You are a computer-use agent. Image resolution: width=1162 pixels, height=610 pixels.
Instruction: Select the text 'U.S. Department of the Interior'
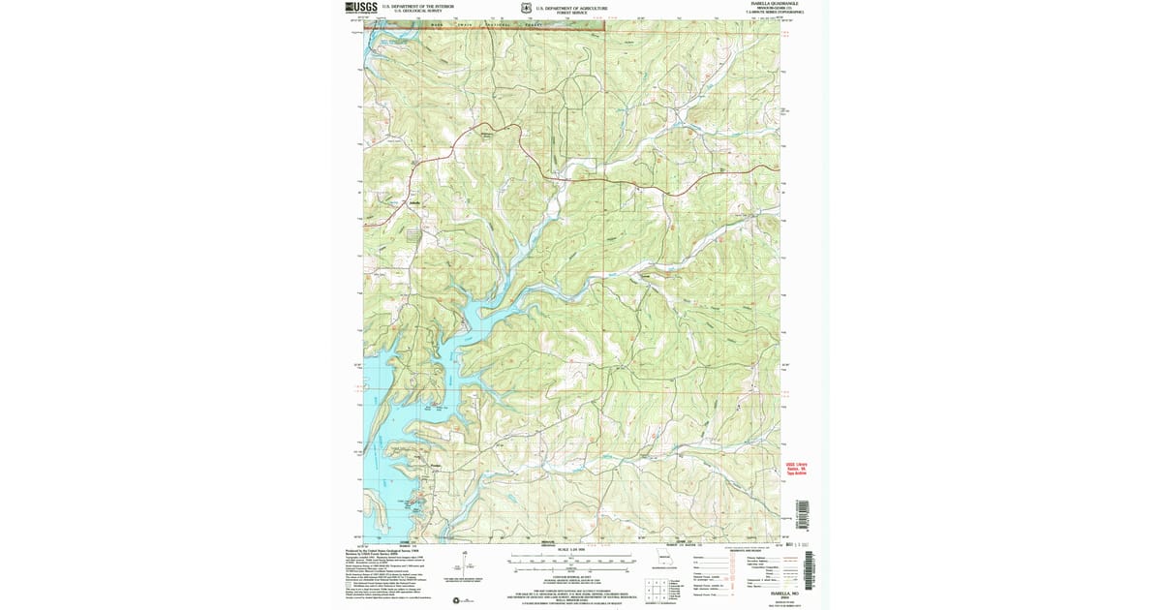click(418, 6)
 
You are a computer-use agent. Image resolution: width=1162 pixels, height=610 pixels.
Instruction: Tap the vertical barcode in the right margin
click(800, 514)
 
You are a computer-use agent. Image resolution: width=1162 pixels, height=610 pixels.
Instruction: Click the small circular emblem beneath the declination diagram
click(457, 601)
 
